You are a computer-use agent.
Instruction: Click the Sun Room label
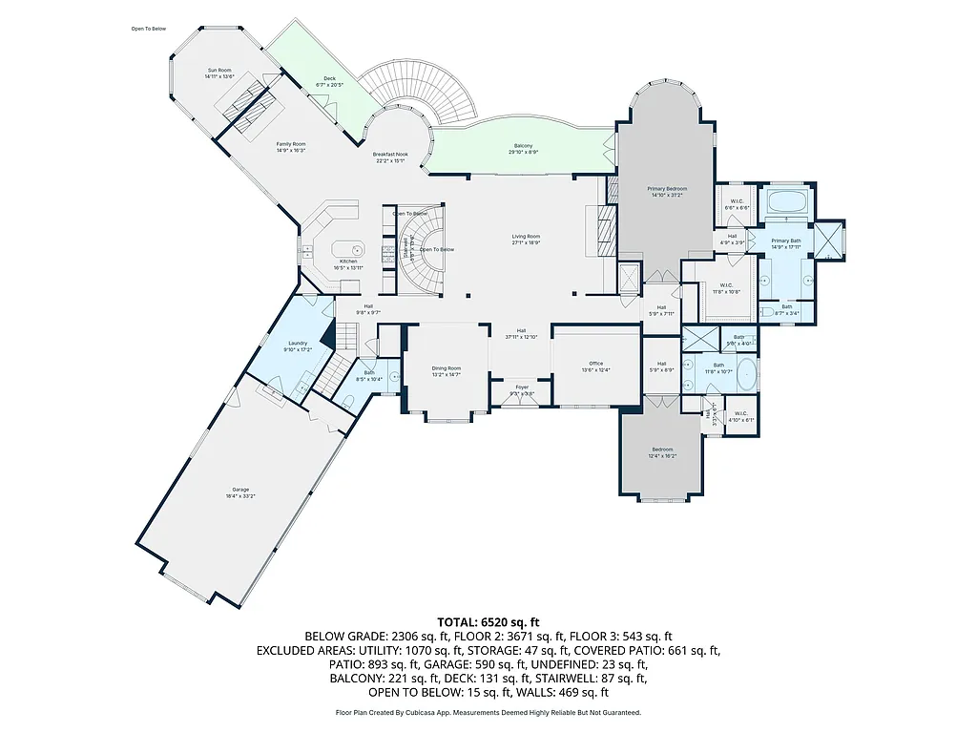[218, 71]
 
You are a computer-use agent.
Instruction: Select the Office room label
[596, 363]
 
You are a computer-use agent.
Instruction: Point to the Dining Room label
[447, 368]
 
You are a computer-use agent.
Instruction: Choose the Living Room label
[526, 237]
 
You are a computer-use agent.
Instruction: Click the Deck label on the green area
[329, 79]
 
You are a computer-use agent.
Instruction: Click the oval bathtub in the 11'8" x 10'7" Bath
[747, 375]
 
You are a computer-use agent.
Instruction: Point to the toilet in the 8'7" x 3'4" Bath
[769, 312]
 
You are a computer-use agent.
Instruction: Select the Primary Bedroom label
[669, 189]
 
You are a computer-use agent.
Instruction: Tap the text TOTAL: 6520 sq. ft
[488, 620]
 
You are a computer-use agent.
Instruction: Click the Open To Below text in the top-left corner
[149, 29]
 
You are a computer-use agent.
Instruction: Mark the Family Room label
[291, 143]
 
